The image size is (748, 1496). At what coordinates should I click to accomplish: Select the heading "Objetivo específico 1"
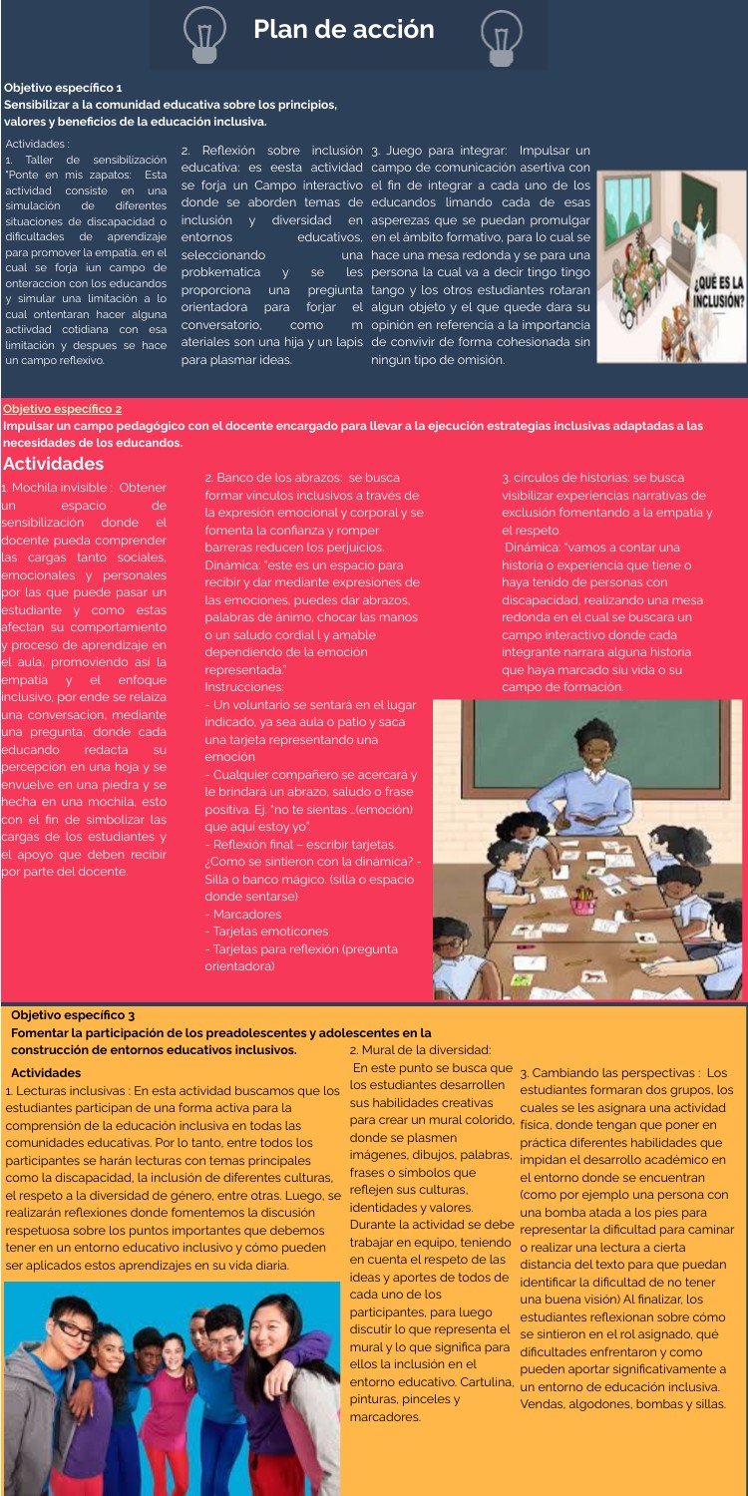64,89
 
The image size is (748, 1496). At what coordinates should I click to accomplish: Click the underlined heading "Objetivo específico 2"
64,409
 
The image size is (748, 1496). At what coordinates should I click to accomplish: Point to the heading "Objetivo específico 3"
73,1015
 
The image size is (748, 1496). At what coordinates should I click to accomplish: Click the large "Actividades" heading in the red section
55,464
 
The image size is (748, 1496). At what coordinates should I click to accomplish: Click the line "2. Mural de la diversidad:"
420,1049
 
